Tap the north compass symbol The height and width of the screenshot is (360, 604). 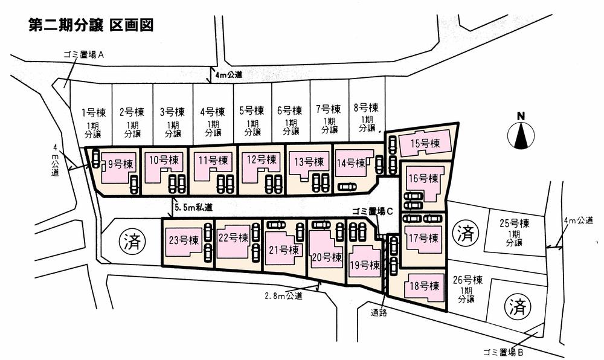coord(521,132)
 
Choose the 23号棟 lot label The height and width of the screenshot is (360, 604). coord(184,240)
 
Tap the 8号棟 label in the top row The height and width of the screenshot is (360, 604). coord(366,109)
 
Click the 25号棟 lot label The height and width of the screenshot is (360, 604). coord(515,223)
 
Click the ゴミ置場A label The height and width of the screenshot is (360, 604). coord(84,54)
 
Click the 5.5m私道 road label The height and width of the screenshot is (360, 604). coord(193,207)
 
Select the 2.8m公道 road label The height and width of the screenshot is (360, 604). coord(283,296)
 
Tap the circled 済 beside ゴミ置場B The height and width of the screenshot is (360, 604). coord(517,306)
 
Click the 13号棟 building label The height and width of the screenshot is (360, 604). coord(308,161)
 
